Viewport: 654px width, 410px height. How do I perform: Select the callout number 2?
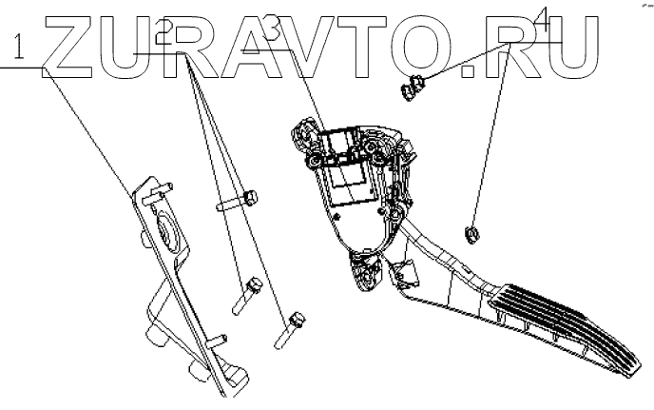point(163,35)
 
